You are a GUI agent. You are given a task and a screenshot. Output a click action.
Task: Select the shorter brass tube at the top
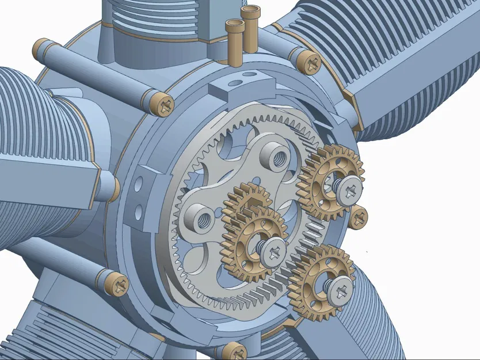pyautogui.click(x=234, y=40)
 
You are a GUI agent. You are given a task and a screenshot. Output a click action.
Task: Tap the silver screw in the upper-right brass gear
pyautogui.click(x=349, y=188)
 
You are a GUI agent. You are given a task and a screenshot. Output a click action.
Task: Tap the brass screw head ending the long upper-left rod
pyautogui.click(x=162, y=104)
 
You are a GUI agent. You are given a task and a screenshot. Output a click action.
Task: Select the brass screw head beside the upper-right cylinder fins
pyautogui.click(x=311, y=62)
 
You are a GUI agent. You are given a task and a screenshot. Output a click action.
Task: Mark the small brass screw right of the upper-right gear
pyautogui.click(x=359, y=217)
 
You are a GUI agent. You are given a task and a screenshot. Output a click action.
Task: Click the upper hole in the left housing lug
pyautogui.click(x=138, y=185)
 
